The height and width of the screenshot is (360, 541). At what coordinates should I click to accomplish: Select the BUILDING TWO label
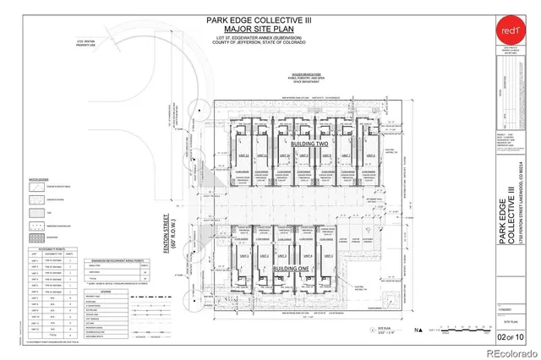[x=309, y=145]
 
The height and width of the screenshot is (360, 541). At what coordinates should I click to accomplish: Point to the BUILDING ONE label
[x=291, y=268]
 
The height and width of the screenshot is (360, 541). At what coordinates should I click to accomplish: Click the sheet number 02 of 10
[x=512, y=339]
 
